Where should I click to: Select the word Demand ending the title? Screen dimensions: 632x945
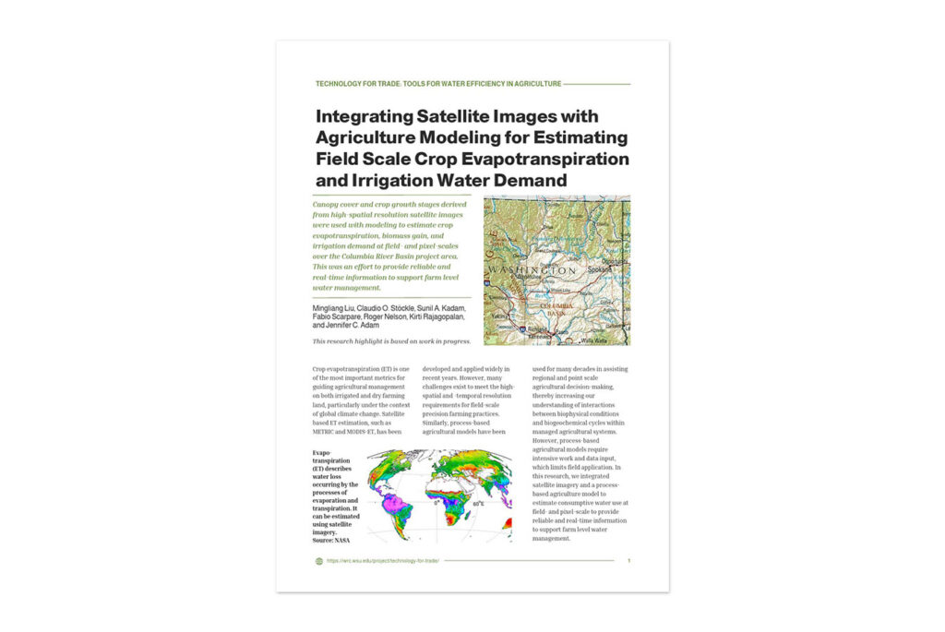pyautogui.click(x=526, y=180)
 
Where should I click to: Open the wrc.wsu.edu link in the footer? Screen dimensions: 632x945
pyautogui.click(x=382, y=560)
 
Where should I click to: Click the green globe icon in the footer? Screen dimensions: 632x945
pyautogui.click(x=318, y=560)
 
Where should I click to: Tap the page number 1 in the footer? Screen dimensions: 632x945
pyautogui.click(x=628, y=560)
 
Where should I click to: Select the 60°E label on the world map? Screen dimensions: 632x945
pyautogui.click(x=478, y=504)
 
